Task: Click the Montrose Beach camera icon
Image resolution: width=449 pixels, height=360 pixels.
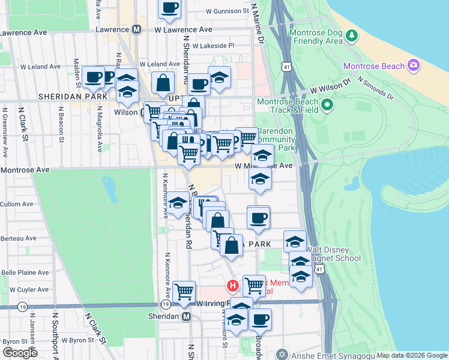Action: pyautogui.click(x=413, y=65)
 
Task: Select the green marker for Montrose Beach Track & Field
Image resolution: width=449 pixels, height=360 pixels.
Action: pyautogui.click(x=327, y=106)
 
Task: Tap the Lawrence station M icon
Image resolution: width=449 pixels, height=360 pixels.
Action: pyautogui.click(x=137, y=29)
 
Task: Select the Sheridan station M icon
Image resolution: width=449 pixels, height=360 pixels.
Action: pyautogui.click(x=186, y=316)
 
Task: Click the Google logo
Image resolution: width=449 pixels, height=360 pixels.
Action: pyautogui.click(x=19, y=353)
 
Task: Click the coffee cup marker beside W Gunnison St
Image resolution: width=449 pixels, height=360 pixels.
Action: pyautogui.click(x=169, y=7)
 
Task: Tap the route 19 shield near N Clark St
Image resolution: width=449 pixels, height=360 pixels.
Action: pyautogui.click(x=22, y=306)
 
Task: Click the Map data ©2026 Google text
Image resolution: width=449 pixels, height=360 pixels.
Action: pyautogui.click(x=412, y=355)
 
